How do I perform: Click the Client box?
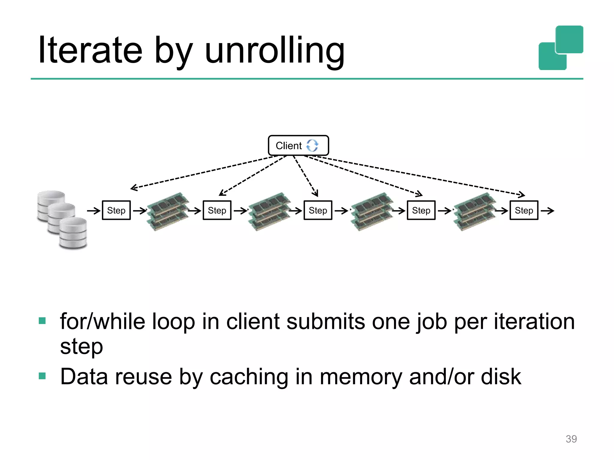[298, 146]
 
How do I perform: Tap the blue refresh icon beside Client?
[312, 146]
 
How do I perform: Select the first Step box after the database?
[116, 211]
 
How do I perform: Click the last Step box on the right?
[524, 211]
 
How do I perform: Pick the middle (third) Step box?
[318, 211]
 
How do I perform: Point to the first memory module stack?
[168, 211]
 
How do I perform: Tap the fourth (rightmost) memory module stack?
[475, 211]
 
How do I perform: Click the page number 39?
[571, 439]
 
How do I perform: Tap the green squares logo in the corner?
[561, 48]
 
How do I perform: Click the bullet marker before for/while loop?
[42, 321]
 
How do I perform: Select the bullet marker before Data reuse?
[42, 376]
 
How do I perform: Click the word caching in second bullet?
[249, 377]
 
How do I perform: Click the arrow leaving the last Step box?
[547, 211]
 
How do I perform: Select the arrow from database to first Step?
[94, 211]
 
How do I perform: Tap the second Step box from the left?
[217, 211]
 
